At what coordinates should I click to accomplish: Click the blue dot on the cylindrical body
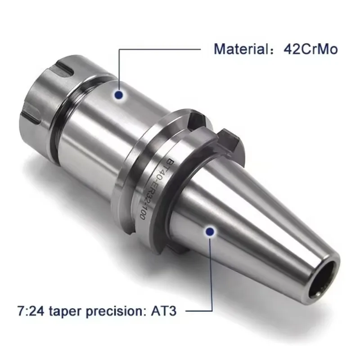(119, 94)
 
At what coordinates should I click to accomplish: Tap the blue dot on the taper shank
(209, 232)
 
